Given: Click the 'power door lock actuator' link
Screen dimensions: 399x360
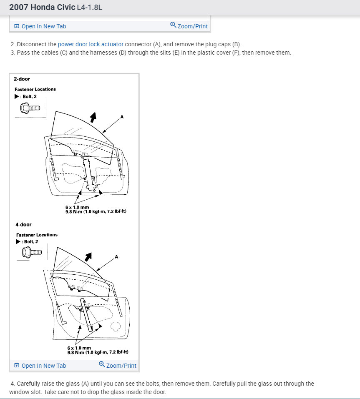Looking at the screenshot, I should pyautogui.click(x=91, y=44).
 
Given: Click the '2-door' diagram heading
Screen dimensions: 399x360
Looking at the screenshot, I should pyautogui.click(x=22, y=79).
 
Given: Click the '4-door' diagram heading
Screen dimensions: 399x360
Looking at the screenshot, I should pyautogui.click(x=23, y=225).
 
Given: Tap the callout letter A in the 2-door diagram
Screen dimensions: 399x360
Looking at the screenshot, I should pyautogui.click(x=122, y=117).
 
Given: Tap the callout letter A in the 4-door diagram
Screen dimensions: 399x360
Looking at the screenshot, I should pyautogui.click(x=116, y=256).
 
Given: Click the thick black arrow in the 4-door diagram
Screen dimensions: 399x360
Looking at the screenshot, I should pyautogui.click(x=88, y=257).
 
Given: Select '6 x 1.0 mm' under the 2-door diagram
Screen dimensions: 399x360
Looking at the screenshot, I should pyautogui.click(x=77, y=207).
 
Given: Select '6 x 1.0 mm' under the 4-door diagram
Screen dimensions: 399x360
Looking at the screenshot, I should pyautogui.click(x=79, y=348).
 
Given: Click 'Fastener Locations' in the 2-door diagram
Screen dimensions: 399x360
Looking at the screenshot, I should pyautogui.click(x=35, y=89).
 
